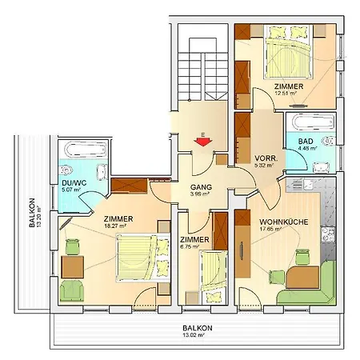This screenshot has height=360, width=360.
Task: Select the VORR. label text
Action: pos(266,159)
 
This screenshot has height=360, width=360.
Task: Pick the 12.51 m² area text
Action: pos(286,94)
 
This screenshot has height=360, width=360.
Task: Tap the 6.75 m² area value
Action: pos(194,247)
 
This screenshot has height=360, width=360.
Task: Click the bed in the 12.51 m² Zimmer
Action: pos(284,56)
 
